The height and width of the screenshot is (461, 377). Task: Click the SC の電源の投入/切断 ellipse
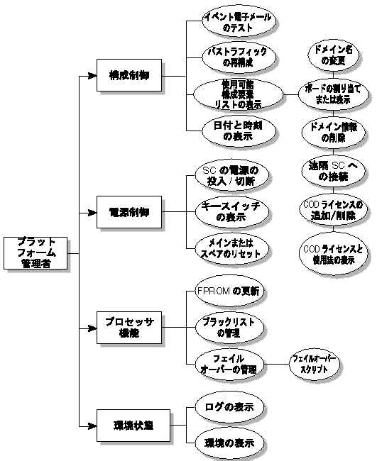[x=227, y=175]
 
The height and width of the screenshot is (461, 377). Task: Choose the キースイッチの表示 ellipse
[x=227, y=212]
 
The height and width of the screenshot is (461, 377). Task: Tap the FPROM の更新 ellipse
[x=227, y=291]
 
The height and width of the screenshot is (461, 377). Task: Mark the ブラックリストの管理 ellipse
[x=227, y=326]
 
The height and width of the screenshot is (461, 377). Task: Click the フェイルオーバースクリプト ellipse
[x=312, y=365]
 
